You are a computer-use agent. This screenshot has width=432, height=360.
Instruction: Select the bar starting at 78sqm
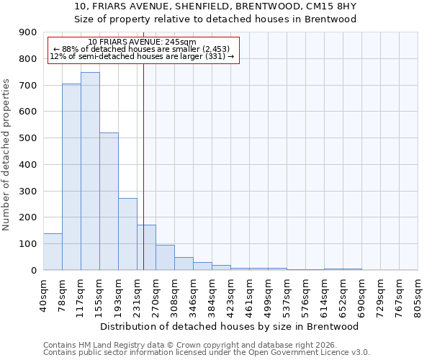pyautogui.click(x=71, y=177)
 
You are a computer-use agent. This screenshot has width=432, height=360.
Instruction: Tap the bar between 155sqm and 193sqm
pyautogui.click(x=109, y=202)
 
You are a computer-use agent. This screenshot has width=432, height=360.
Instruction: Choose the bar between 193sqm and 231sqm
pyautogui.click(x=127, y=234)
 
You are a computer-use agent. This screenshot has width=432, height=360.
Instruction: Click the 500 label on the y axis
pyautogui.click(x=29, y=138)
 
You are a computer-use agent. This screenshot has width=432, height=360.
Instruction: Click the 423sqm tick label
pyautogui.click(x=231, y=293)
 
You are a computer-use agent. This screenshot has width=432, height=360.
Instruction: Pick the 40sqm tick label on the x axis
pyautogui.click(x=44, y=293)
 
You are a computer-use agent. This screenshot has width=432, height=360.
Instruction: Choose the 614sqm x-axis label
pyautogui.click(x=325, y=293)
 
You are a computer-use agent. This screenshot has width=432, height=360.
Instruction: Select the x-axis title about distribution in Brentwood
pyautogui.click(x=230, y=326)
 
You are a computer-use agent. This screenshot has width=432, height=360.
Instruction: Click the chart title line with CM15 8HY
pyautogui.click(x=216, y=6)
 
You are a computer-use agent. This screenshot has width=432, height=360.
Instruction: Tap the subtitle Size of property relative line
pyautogui.click(x=216, y=19)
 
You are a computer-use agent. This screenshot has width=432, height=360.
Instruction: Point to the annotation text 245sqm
pyautogui.click(x=142, y=42)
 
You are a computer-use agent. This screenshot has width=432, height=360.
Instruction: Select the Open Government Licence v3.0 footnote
pyautogui.click(x=207, y=353)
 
